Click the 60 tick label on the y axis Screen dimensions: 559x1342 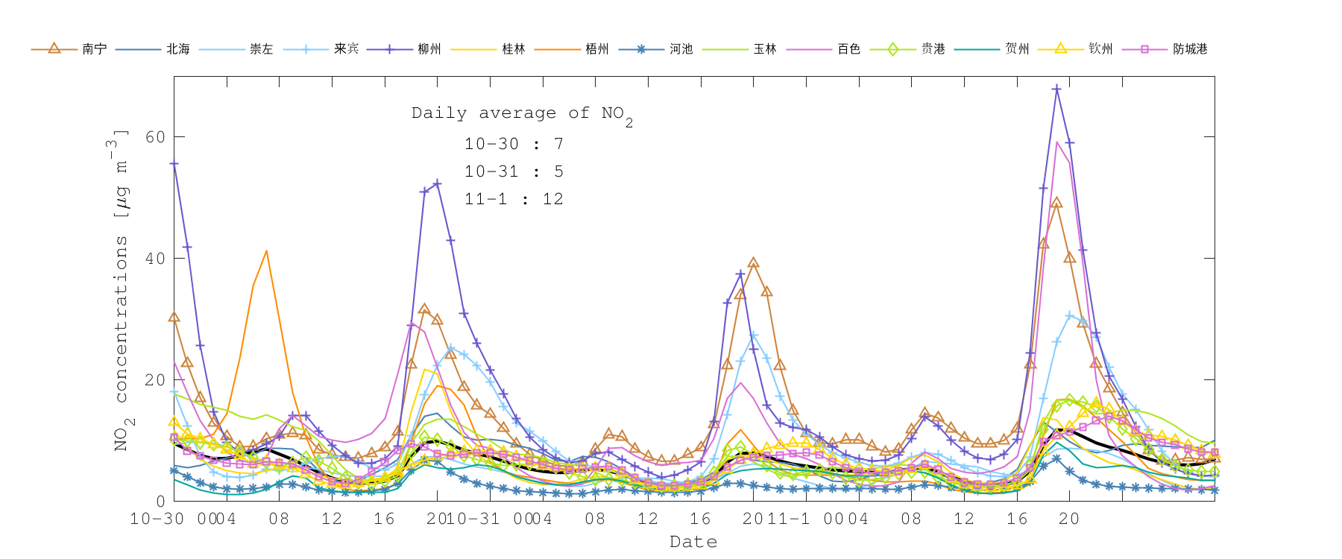[155, 137]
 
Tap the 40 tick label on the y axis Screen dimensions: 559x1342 [155, 259]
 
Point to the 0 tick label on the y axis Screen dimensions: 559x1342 [160, 502]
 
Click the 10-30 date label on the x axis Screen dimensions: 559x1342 [157, 519]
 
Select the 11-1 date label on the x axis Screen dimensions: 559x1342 [789, 519]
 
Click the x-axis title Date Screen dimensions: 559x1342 [693, 542]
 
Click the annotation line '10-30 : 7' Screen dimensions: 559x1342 [514, 144]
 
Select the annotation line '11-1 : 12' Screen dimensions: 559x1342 [514, 199]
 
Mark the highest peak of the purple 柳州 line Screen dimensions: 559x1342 [1056, 89]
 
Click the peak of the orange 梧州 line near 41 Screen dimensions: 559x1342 [266, 251]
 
